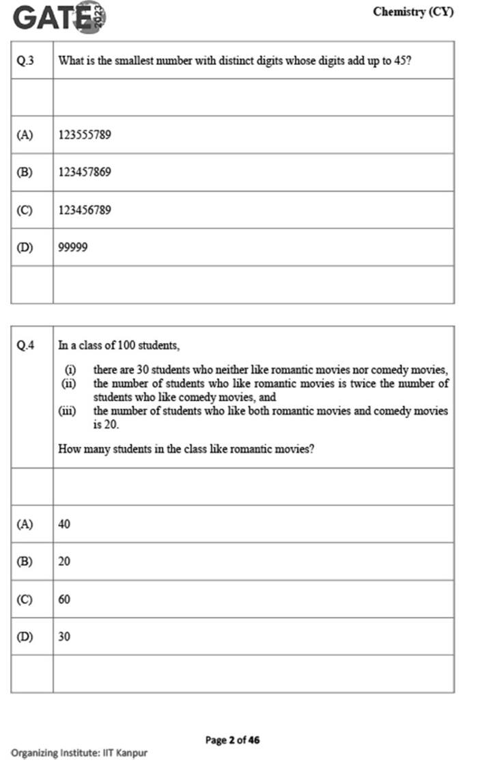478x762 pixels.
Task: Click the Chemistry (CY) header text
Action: pos(413,12)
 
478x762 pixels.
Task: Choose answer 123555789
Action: pos(85,135)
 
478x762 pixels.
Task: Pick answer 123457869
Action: pos(85,172)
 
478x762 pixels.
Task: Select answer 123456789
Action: pos(85,210)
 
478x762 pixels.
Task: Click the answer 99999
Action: pos(73,247)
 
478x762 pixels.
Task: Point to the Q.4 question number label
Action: pos(25,345)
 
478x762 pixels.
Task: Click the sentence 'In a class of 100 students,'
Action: pos(119,345)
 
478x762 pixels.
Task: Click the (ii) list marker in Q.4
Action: pos(68,383)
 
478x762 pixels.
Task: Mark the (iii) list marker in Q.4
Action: pos(67,411)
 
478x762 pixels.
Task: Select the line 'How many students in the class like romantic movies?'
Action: pos(186,450)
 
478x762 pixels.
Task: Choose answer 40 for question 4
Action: pos(65,524)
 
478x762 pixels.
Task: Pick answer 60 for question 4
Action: pos(65,599)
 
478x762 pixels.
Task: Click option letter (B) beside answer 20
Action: pos(25,562)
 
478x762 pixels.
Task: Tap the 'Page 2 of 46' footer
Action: pos(232,739)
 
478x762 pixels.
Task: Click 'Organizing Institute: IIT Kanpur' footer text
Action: pos(79,753)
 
